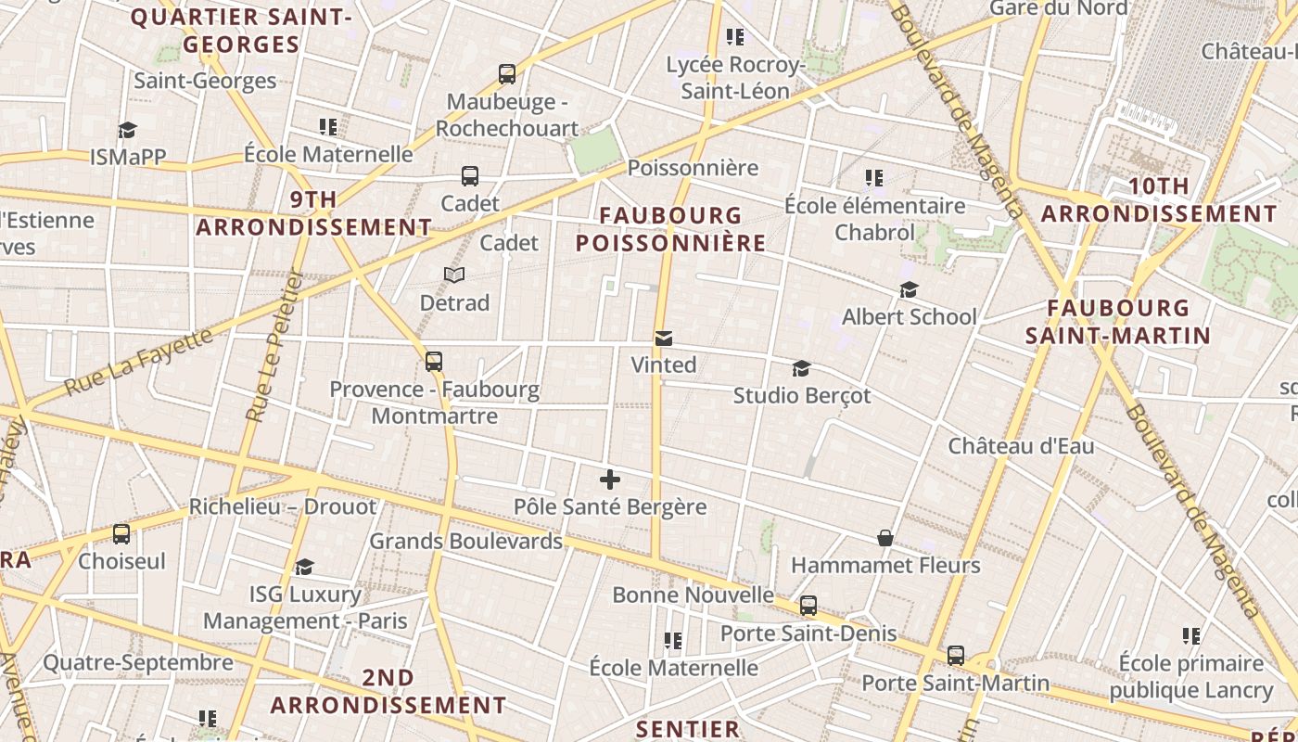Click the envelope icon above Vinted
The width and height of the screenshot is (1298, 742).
(x=664, y=339)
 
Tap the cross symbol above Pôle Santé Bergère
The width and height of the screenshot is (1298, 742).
(x=610, y=480)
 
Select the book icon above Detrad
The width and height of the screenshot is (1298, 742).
(x=454, y=275)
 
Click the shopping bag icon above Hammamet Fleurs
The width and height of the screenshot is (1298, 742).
(x=885, y=538)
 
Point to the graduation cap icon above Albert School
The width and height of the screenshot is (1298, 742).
(x=909, y=290)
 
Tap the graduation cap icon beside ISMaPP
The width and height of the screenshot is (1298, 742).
(x=127, y=131)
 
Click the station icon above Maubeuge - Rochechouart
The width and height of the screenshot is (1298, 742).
(x=507, y=74)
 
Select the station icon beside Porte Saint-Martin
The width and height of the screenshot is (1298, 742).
(x=956, y=656)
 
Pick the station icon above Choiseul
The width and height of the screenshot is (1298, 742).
(x=121, y=534)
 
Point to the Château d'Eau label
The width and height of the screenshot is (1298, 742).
(x=1021, y=446)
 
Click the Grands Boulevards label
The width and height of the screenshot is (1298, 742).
(x=465, y=541)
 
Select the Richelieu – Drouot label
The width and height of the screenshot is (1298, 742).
(x=283, y=507)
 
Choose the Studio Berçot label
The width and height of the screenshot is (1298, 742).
(x=802, y=396)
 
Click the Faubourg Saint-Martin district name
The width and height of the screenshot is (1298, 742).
(x=1118, y=321)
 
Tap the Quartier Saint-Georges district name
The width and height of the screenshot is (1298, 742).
(x=241, y=31)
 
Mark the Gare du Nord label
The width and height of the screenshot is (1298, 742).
(x=1059, y=8)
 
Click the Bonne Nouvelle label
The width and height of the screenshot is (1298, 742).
(x=693, y=595)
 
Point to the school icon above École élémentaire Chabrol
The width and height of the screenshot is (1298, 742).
(x=874, y=177)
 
